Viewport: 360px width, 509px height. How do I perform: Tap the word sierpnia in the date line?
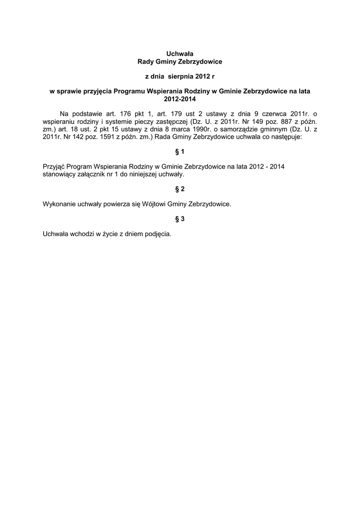[173, 77]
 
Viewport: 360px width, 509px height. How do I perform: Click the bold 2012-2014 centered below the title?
[180, 99]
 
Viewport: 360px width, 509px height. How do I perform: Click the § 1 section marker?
[180, 151]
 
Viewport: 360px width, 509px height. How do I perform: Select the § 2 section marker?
[180, 189]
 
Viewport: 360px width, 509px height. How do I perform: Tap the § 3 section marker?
[180, 219]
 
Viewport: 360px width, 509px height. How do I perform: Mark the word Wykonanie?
[59, 204]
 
